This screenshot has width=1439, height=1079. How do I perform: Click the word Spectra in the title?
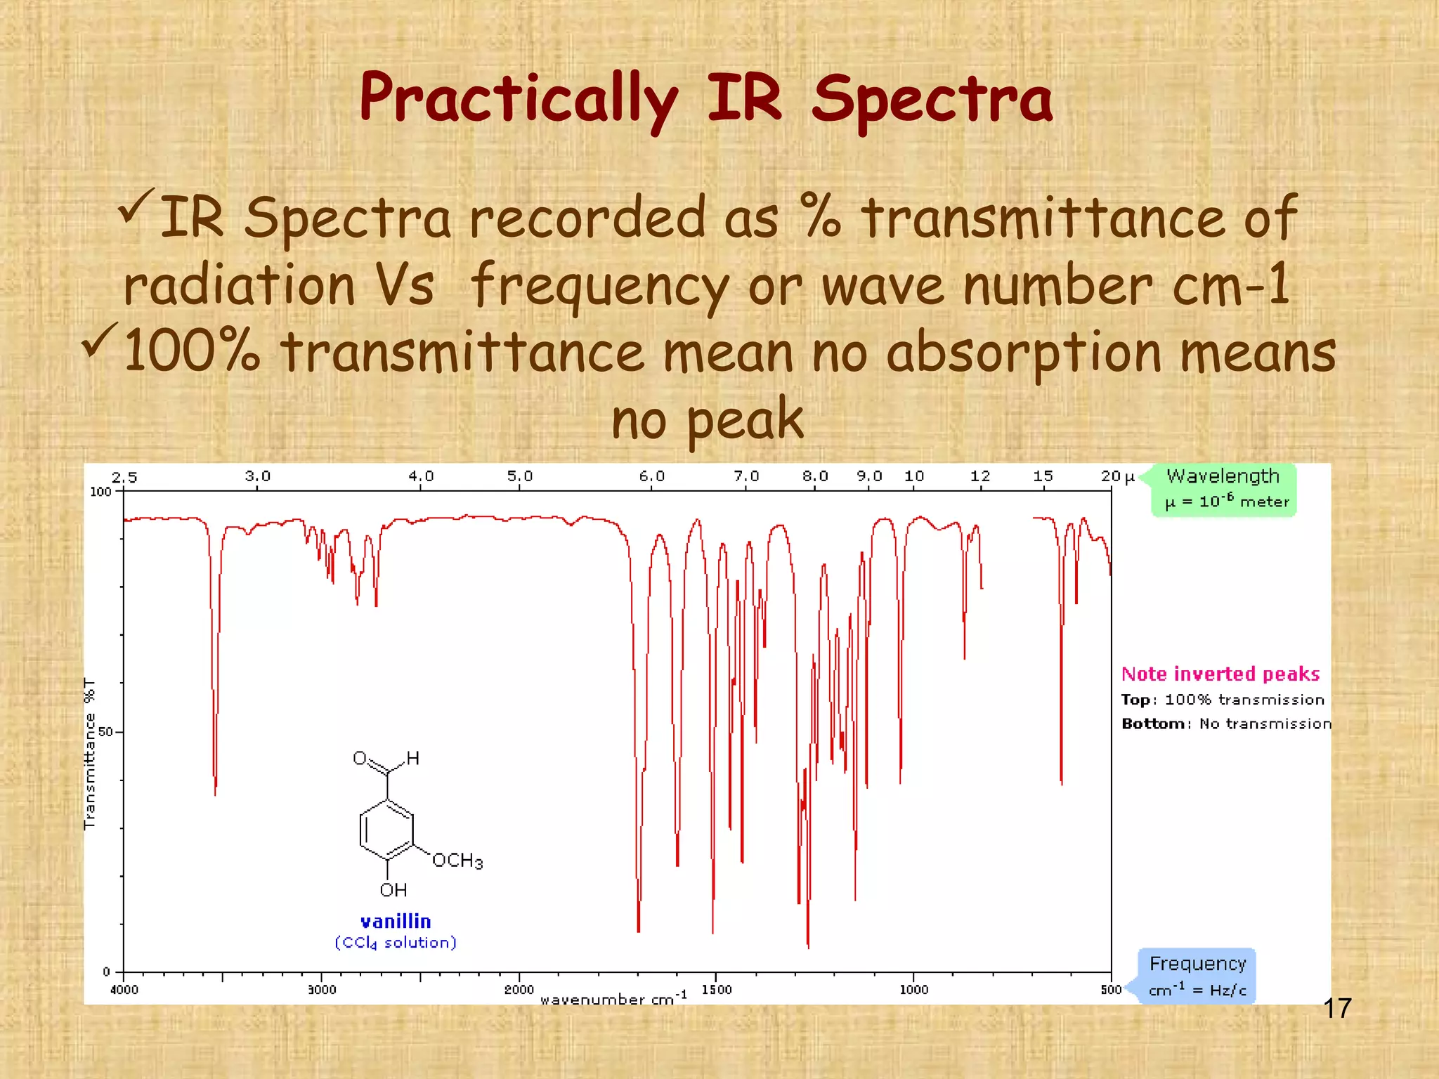coord(932,100)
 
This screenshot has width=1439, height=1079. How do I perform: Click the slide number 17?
coord(1337,1009)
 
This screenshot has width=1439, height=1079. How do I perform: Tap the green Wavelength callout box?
coord(1223,489)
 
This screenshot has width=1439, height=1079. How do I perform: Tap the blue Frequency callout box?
coord(1197,976)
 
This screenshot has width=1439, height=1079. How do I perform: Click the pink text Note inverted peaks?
coord(1220,674)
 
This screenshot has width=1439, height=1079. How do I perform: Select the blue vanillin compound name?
coord(396,922)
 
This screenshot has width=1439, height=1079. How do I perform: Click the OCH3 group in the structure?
coord(457,861)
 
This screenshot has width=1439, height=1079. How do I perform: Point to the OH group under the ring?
coord(393,890)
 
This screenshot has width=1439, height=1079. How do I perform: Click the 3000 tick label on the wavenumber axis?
coord(322,990)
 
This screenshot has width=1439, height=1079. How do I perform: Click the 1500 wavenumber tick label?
coord(717,990)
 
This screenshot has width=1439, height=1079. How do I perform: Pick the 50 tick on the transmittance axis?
coord(105,732)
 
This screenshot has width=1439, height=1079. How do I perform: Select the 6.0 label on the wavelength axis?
coord(651,476)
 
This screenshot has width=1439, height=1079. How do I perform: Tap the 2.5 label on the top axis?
coord(124,478)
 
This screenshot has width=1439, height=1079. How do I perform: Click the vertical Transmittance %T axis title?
coord(90,753)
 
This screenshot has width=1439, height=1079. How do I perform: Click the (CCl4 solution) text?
coord(396,943)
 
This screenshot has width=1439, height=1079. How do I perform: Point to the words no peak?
coord(707,419)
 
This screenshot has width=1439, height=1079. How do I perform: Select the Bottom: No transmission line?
coord(1226,724)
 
